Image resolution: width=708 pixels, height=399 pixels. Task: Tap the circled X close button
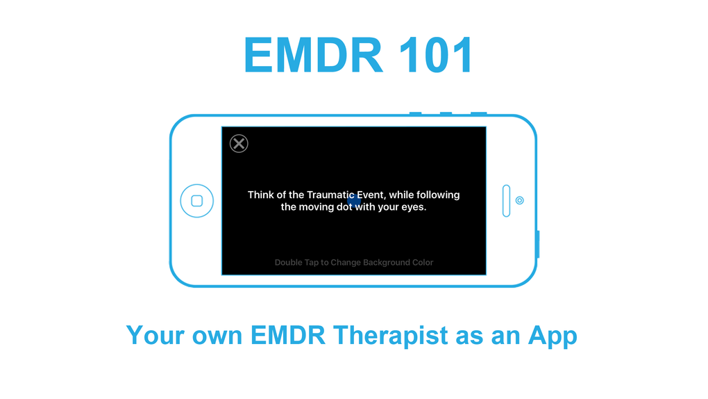[239, 143]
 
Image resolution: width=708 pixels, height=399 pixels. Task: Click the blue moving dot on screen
[355, 200]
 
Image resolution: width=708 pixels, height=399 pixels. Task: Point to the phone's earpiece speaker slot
[506, 200]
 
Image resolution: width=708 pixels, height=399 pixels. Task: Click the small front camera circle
[520, 200]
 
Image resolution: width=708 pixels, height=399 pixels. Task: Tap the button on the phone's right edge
[538, 244]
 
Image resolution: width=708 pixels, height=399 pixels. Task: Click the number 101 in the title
[436, 55]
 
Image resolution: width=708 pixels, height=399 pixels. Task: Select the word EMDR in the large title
[314, 55]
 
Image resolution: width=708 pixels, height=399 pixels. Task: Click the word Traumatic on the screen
[331, 195]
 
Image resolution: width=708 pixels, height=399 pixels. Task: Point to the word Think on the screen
[260, 195]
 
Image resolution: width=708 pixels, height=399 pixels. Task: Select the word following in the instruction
[438, 195]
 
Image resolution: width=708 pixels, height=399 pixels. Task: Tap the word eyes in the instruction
[414, 208]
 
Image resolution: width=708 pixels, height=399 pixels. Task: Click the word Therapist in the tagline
[391, 336]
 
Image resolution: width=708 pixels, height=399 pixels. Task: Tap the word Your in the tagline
[155, 336]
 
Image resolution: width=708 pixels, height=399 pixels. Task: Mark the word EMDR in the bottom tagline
[288, 336]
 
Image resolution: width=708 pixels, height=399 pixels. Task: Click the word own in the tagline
[218, 338]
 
